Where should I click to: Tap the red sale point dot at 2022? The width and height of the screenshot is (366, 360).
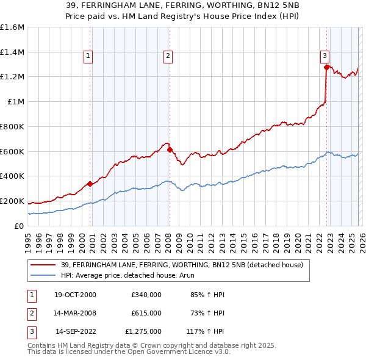click(327, 68)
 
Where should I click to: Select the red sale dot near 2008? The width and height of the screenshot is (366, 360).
click(170, 149)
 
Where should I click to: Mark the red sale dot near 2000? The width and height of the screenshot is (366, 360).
click(90, 184)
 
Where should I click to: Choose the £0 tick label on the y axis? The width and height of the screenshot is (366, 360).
click(20, 226)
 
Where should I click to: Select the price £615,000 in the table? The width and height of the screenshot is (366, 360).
click(146, 314)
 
